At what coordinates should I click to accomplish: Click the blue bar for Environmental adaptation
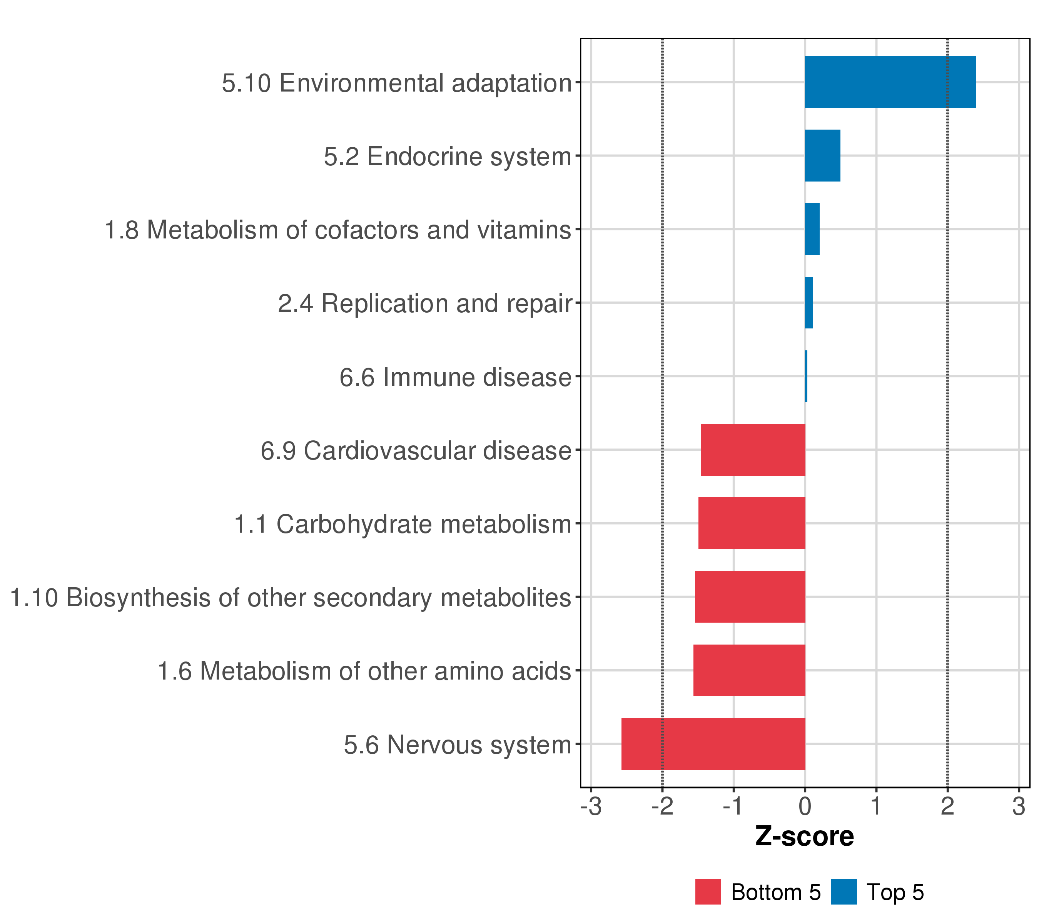pyautogui.click(x=890, y=82)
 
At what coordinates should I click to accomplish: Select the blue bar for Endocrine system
pyautogui.click(x=822, y=155)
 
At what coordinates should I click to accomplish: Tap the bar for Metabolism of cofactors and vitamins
pyautogui.click(x=812, y=229)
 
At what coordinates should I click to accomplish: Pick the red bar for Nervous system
pyautogui.click(x=713, y=744)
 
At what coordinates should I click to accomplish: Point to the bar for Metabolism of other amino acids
pyautogui.click(x=749, y=670)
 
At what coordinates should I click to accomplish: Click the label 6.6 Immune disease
pyautogui.click(x=456, y=377)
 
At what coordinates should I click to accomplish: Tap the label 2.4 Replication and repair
pyautogui.click(x=425, y=304)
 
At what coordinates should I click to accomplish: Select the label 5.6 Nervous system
pyautogui.click(x=458, y=745)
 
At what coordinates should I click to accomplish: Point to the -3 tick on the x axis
pyautogui.click(x=591, y=806)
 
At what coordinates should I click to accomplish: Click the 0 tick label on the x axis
pyautogui.click(x=805, y=806)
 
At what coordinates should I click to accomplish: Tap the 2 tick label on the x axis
pyautogui.click(x=947, y=806)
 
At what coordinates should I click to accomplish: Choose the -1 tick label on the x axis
pyautogui.click(x=733, y=806)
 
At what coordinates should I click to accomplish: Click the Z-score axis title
pyautogui.click(x=805, y=836)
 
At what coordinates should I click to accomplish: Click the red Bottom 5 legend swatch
pyautogui.click(x=708, y=891)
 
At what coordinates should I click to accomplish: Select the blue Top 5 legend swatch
pyautogui.click(x=844, y=891)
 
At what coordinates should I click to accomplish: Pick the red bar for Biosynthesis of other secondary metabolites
pyautogui.click(x=750, y=596)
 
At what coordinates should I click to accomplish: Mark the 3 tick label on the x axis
pyautogui.click(x=1018, y=806)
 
